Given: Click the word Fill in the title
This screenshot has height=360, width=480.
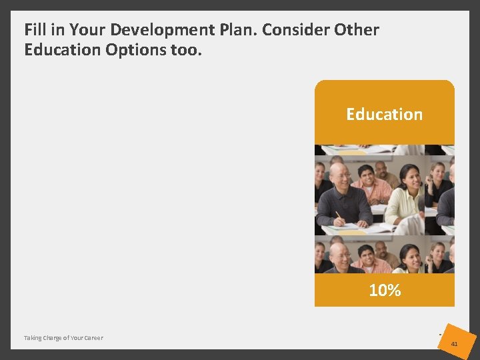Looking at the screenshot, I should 34,30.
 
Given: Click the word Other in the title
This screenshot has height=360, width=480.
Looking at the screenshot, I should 357,30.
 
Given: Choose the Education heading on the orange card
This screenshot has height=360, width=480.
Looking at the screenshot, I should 384,114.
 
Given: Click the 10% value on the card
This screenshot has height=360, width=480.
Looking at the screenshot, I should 385,290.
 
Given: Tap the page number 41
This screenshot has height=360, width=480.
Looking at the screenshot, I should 454,344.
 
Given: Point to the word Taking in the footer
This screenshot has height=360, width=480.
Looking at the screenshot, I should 33,338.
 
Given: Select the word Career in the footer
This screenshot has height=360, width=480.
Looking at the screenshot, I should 93,338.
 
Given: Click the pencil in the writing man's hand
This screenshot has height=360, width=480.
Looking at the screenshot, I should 339,216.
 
